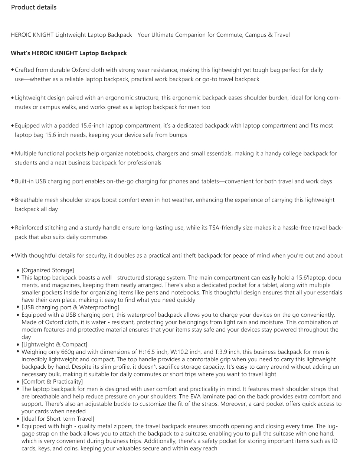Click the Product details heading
coord(34,7)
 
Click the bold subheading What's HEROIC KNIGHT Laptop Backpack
coord(69,53)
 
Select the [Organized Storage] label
coord(48,270)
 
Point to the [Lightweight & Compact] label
coord(55,345)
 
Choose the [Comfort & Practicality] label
coord(52,382)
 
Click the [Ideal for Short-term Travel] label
coord(58,419)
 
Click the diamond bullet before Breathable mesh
coord(13,200)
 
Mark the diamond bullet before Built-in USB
coord(13,181)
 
